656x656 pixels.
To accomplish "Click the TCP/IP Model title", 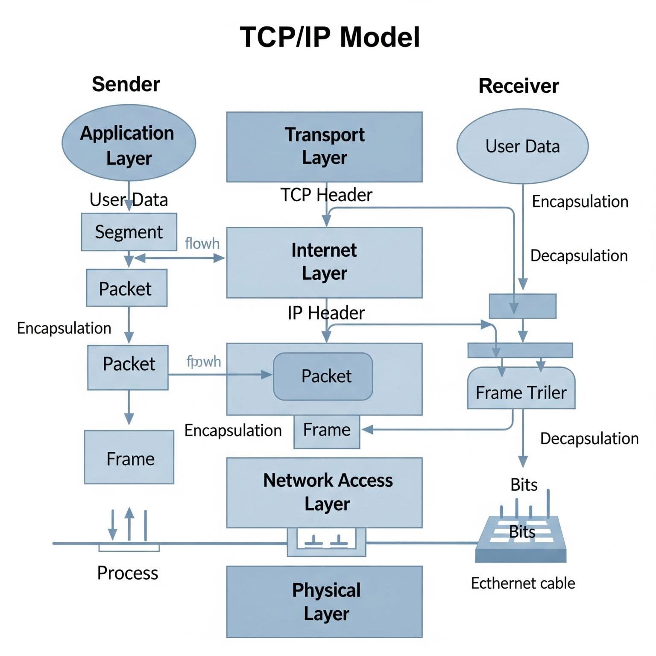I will click(330, 37).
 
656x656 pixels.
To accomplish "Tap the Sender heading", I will click(126, 84).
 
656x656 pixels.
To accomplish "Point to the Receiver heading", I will click(518, 86).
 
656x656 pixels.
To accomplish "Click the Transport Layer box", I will click(324, 146).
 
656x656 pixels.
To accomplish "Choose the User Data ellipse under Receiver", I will click(522, 146).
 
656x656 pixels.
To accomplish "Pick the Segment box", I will click(129, 232).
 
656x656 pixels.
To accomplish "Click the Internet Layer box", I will click(324, 262).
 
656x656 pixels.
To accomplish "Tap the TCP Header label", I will click(326, 195).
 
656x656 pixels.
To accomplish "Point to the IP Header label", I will click(326, 313).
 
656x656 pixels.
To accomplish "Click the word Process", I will click(127, 573).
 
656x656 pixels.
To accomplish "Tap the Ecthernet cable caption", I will click(523, 583).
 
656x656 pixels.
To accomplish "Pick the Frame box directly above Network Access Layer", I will click(327, 430).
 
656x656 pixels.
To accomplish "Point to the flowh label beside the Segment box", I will click(202, 243).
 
